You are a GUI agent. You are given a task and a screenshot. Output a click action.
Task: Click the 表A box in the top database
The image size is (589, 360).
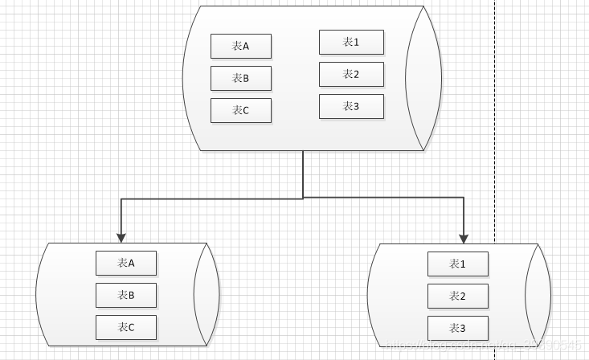tap(240, 47)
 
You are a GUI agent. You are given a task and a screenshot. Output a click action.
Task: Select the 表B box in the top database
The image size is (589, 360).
tap(240, 78)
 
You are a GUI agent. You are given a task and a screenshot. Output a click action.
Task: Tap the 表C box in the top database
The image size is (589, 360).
tap(240, 110)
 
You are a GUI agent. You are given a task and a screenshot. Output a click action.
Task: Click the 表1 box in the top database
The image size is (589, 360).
tap(351, 42)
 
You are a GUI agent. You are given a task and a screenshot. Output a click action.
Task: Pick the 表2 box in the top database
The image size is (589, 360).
tap(351, 74)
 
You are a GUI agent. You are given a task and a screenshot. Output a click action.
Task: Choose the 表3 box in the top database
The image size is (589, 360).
tap(351, 106)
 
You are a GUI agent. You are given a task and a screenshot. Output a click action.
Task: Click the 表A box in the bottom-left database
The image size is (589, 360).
tap(126, 263)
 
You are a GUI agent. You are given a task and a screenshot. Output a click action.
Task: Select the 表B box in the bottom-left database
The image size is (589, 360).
tap(126, 295)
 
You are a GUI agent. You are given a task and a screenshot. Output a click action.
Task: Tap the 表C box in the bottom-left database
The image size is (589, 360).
tap(126, 327)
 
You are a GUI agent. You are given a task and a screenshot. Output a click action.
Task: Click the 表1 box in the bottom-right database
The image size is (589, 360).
tap(457, 264)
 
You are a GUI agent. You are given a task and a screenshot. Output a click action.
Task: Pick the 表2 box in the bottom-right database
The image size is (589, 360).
tap(457, 296)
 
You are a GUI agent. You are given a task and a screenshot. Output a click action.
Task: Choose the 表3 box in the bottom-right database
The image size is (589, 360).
tap(457, 328)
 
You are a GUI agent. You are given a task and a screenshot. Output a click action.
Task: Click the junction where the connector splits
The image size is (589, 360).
tap(303, 198)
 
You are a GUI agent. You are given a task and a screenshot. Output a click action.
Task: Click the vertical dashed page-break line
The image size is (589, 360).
tap(494, 121)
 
